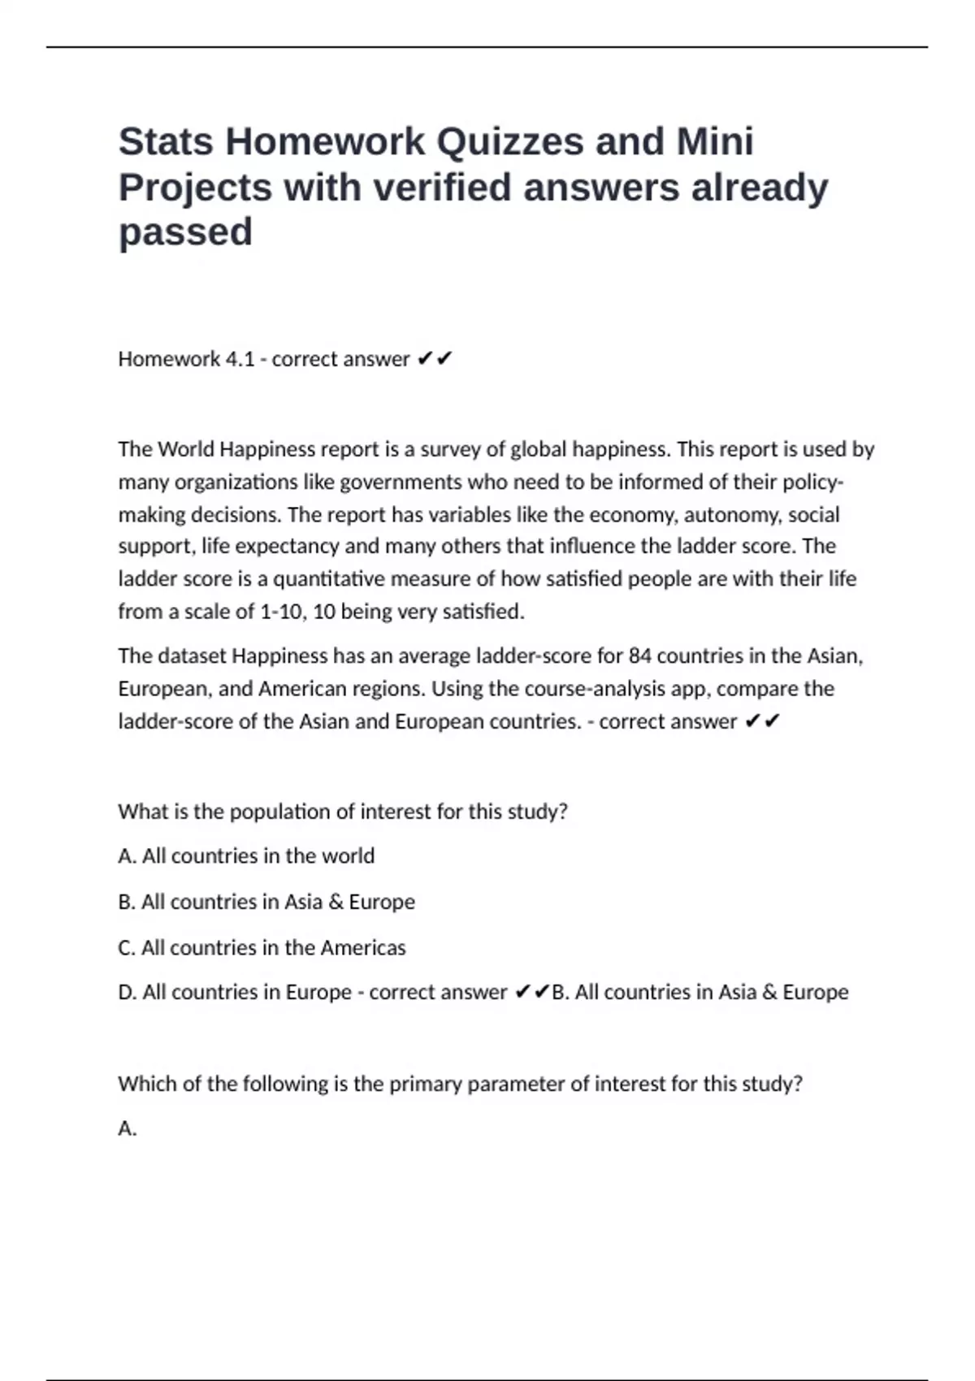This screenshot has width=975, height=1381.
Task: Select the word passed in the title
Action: coord(185,232)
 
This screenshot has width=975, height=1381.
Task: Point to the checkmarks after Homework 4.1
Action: coord(435,359)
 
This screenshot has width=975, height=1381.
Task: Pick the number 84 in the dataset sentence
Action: coord(640,656)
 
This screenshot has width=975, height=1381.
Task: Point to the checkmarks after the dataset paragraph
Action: coord(762,721)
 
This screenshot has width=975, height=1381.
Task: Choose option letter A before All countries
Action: coord(127,856)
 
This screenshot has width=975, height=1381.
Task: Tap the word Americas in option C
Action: coord(363,948)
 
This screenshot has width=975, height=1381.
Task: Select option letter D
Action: coord(127,993)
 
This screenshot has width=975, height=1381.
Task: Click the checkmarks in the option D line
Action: coord(532,993)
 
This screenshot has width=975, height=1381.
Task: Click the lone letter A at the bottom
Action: coord(127,1128)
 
